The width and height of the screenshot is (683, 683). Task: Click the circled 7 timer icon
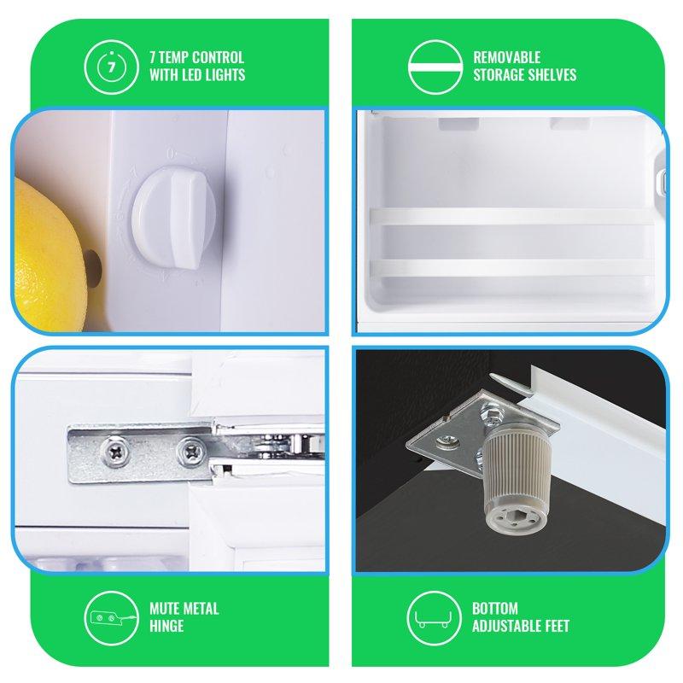[x=112, y=67]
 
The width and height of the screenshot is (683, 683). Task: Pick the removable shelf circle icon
[x=435, y=67]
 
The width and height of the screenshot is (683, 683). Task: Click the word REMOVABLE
[x=506, y=57]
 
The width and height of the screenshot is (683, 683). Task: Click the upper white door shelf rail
[x=511, y=217]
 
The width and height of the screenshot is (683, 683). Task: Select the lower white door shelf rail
[x=511, y=268]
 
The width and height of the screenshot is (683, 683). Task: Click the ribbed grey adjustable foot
[x=517, y=478]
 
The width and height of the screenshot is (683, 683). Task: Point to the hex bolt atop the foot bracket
[x=492, y=413]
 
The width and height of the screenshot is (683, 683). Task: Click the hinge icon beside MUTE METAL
[x=112, y=618]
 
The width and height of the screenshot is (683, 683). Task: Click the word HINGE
[x=166, y=626]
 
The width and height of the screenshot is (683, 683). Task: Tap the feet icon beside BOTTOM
[x=435, y=618]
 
